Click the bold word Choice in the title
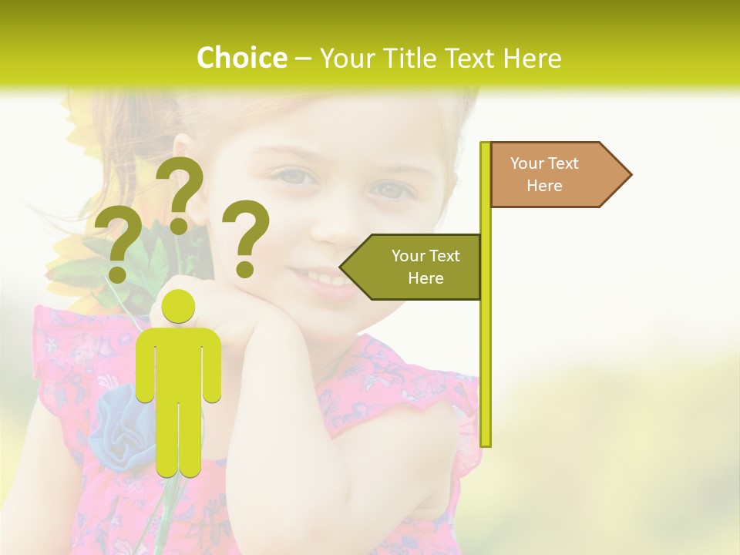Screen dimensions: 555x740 (241, 58)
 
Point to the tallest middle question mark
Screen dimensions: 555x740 (180, 193)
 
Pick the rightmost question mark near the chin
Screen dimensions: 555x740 (246, 237)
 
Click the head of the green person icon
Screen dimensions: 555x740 (179, 308)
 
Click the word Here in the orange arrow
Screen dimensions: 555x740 (544, 186)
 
